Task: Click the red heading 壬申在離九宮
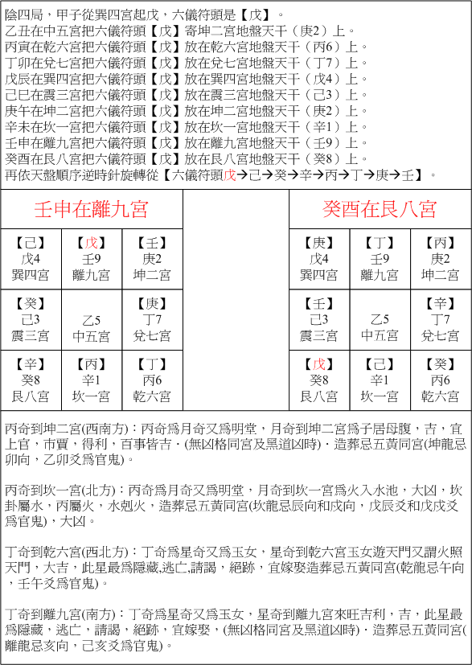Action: click(x=91, y=210)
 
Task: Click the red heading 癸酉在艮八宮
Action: click(x=380, y=210)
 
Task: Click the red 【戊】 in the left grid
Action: click(x=91, y=243)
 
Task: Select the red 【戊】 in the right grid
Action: click(x=319, y=364)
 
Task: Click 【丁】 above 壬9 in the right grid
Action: click(x=380, y=243)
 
